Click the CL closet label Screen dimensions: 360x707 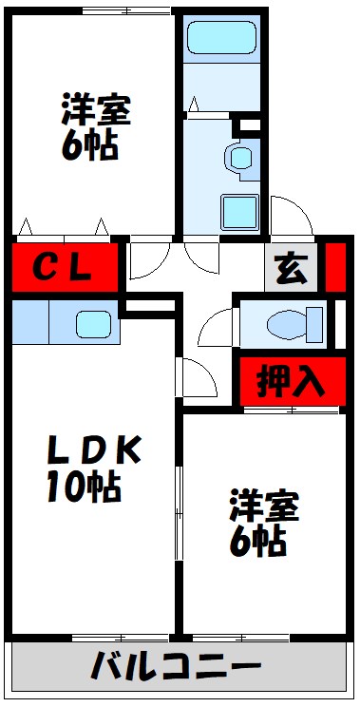(x=64, y=268)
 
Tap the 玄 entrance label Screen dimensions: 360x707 (x=293, y=270)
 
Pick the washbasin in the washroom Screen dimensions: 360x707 (x=241, y=157)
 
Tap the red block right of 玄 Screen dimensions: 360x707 (x=334, y=268)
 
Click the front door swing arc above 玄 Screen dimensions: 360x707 (x=289, y=214)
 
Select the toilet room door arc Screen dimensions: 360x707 (x=216, y=328)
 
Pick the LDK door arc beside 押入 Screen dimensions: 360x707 (x=198, y=380)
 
